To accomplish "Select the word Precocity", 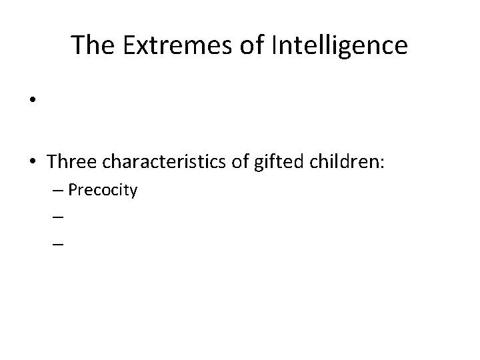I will pyautogui.click(x=103, y=191).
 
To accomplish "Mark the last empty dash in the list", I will pyautogui.click(x=57, y=245).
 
